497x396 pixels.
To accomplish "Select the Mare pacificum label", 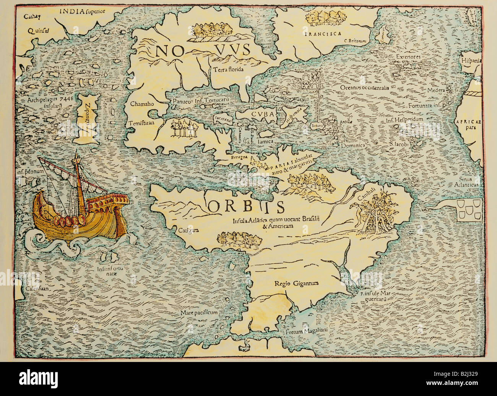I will click(x=199, y=313).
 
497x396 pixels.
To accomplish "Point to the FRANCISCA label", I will click(x=323, y=34).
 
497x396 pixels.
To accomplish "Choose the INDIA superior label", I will click(x=82, y=10).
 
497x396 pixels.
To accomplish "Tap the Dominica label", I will click(x=351, y=145).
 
